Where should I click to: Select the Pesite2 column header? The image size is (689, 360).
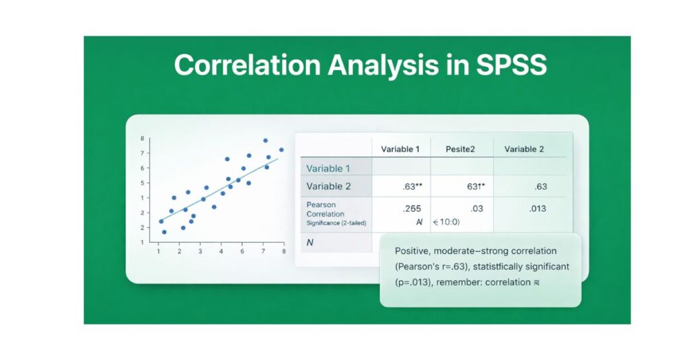(x=460, y=149)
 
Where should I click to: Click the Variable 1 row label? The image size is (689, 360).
(x=328, y=168)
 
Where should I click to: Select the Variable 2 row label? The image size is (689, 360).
(x=328, y=186)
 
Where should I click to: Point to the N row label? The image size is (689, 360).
(x=310, y=242)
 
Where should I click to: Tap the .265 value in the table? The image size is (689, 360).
(x=406, y=209)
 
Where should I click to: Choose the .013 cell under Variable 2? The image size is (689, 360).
(x=537, y=209)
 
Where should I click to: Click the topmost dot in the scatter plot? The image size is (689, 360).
(x=265, y=141)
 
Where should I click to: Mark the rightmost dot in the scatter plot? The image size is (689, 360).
(x=281, y=150)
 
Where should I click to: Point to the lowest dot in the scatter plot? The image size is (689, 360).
(x=164, y=232)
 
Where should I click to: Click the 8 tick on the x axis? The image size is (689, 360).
(x=283, y=251)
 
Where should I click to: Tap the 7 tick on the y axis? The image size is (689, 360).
(x=142, y=153)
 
